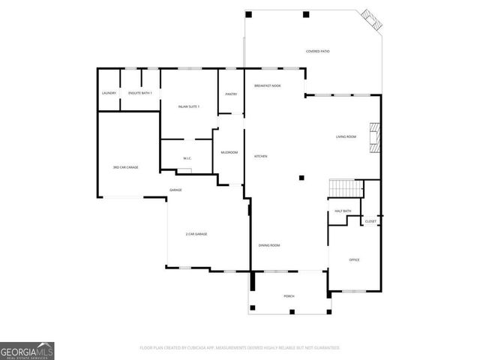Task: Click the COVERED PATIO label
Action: [317, 51]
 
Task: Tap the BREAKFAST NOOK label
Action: [267, 85]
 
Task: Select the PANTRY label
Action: [231, 94]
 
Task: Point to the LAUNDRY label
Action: [109, 93]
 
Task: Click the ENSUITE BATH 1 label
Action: [140, 93]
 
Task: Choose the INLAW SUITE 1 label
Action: [188, 106]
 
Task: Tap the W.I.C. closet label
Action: [188, 158]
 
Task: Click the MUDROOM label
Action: [229, 152]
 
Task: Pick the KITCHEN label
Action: [261, 156]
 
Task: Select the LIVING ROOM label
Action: [346, 136]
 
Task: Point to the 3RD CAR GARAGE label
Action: [125, 167]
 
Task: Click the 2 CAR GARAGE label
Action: [196, 234]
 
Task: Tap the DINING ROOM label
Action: [269, 245]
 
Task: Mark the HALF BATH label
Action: [343, 211]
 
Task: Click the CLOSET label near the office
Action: [370, 221]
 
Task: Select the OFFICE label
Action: [355, 259]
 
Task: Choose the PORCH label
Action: [289, 296]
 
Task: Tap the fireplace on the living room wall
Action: [378, 138]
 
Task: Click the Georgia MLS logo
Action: [27, 350]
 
